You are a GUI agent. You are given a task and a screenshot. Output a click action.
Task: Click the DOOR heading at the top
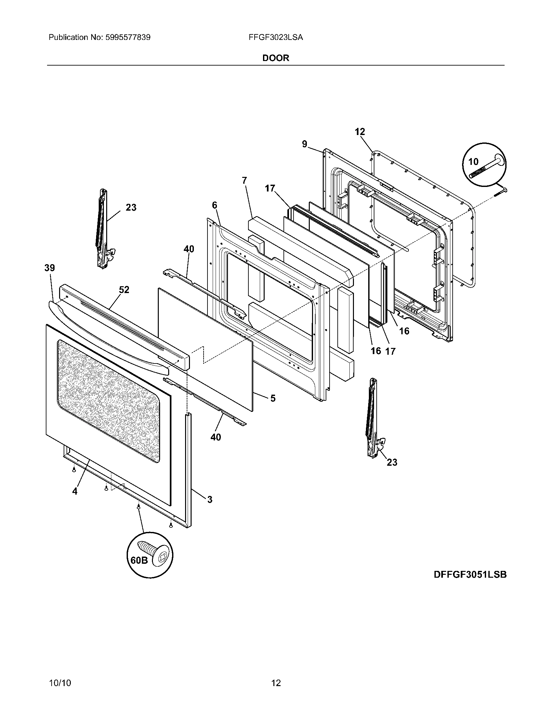pyautogui.click(x=276, y=58)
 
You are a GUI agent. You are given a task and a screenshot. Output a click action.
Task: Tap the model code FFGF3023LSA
pyautogui.click(x=276, y=38)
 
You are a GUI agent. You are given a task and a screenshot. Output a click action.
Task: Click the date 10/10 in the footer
pyautogui.click(x=60, y=674)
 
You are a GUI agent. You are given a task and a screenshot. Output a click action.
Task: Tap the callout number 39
pyautogui.click(x=50, y=268)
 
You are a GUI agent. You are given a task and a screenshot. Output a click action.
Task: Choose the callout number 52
pyautogui.click(x=124, y=289)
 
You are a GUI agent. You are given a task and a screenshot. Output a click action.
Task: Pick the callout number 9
pyautogui.click(x=305, y=144)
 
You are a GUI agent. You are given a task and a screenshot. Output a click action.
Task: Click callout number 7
pyautogui.click(x=245, y=180)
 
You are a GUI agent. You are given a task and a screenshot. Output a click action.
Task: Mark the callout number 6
pyautogui.click(x=214, y=205)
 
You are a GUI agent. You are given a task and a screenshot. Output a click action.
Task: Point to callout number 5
pyautogui.click(x=273, y=398)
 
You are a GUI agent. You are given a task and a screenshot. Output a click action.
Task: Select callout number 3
pyautogui.click(x=210, y=499)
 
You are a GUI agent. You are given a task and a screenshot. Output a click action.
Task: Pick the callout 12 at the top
pyautogui.click(x=360, y=132)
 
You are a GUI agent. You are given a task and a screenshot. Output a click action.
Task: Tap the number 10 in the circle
pyautogui.click(x=473, y=161)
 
